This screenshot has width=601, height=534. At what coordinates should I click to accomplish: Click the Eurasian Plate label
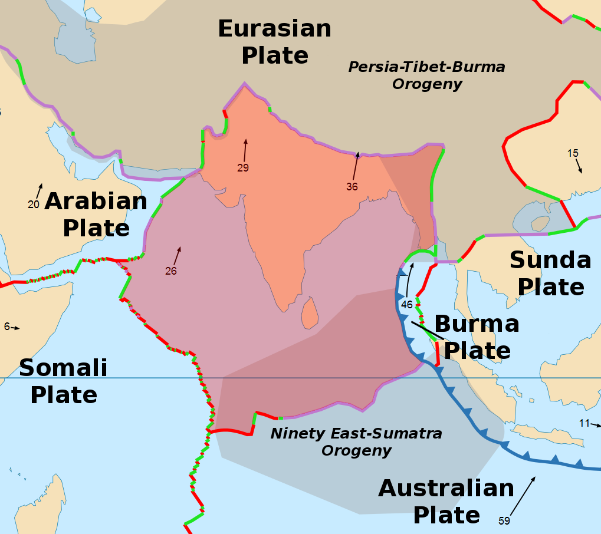275,42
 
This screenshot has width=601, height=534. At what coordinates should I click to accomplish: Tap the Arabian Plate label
96,215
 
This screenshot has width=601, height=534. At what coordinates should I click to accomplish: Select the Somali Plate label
63,381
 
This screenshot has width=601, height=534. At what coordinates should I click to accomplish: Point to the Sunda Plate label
550,273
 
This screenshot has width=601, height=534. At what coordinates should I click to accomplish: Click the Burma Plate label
477,337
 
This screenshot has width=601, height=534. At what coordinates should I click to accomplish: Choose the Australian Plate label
446,502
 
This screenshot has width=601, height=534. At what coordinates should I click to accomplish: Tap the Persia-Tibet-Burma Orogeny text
426,75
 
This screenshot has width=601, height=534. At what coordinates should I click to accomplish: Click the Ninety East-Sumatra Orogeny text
356,442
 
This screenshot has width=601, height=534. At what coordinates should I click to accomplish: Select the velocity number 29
243,168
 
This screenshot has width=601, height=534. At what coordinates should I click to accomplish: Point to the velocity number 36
352,187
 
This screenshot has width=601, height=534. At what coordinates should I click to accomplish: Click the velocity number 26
171,271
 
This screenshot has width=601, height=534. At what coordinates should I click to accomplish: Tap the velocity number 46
407,305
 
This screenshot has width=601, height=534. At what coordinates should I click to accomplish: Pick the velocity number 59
504,520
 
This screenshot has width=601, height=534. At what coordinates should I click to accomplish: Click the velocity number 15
573,153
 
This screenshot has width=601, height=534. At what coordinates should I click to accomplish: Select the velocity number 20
34,205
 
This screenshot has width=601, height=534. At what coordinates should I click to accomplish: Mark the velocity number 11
584,423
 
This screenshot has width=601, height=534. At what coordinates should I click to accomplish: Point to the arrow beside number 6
15,327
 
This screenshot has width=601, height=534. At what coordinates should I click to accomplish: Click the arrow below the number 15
579,166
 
